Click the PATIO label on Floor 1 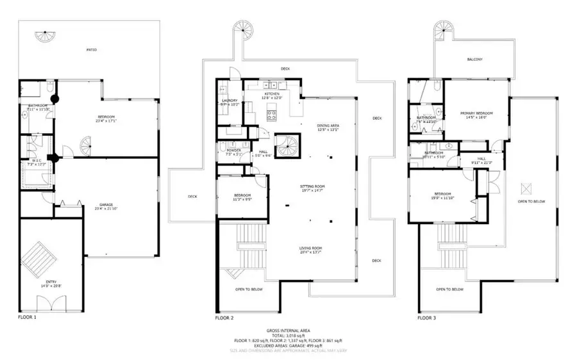92,50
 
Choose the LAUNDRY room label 230,101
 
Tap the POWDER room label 233,152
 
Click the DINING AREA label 328,126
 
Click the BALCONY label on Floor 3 474,60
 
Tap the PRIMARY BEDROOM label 474,114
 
